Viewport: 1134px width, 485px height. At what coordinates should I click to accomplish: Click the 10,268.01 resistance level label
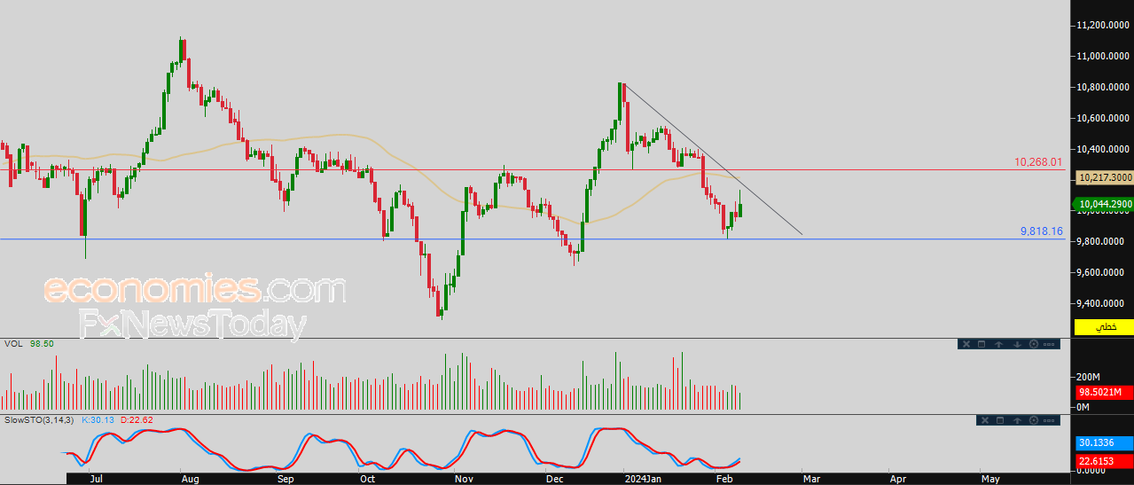click(x=1038, y=162)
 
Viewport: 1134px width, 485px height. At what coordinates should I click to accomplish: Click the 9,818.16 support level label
click(x=1042, y=231)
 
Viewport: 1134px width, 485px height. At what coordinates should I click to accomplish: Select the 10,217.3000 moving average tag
click(x=1106, y=177)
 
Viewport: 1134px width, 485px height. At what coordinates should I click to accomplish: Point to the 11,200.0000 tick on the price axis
click(x=1103, y=26)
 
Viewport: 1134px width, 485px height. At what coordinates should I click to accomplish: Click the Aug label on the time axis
click(x=190, y=479)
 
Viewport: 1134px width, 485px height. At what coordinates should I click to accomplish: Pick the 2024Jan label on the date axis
click(x=643, y=479)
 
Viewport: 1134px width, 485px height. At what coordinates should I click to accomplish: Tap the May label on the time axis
click(x=990, y=479)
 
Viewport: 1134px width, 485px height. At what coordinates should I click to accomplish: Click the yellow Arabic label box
click(x=1104, y=327)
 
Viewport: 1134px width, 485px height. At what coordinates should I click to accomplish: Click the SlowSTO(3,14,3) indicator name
click(x=39, y=420)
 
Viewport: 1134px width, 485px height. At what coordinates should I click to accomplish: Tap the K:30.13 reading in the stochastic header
click(x=98, y=420)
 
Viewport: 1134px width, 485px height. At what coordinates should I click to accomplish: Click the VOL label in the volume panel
click(x=13, y=344)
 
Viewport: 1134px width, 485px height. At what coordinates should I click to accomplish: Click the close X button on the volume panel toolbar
click(x=966, y=344)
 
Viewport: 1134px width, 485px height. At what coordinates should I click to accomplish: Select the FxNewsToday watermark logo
click(x=192, y=324)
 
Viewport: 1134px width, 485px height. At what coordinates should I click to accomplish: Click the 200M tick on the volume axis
click(x=1089, y=377)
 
